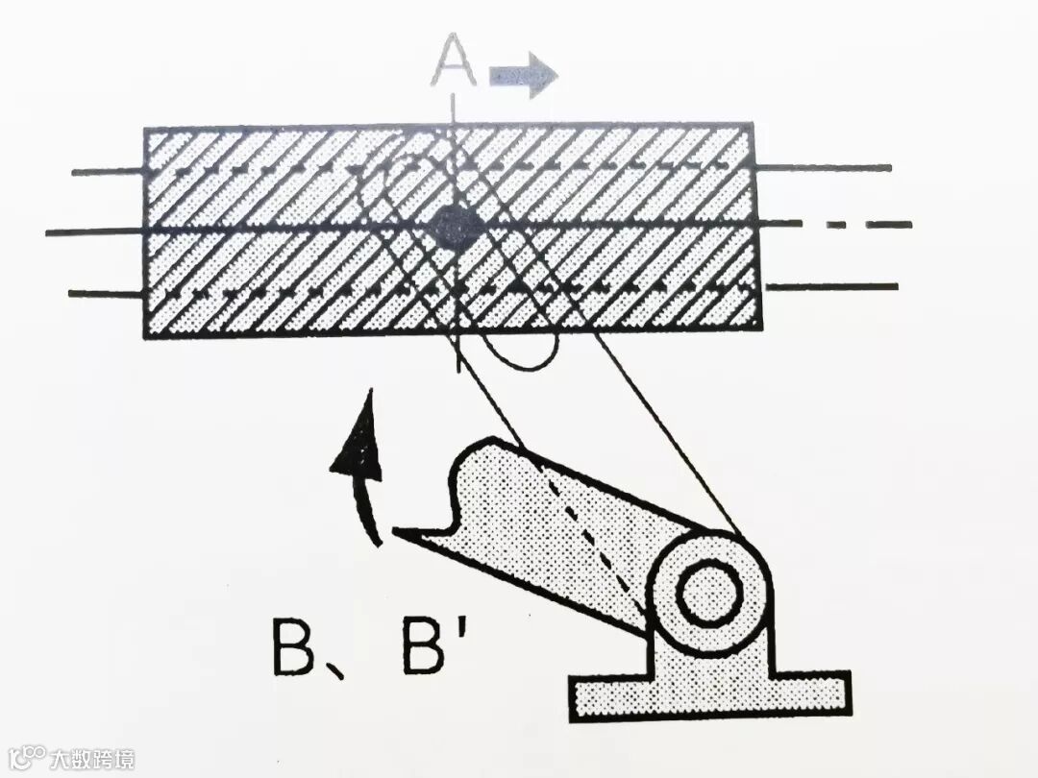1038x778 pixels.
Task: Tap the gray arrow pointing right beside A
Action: pos(523,76)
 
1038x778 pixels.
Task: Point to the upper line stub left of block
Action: pos(108,172)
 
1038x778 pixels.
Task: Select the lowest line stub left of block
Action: pos(106,293)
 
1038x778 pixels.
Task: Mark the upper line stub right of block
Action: pos(823,167)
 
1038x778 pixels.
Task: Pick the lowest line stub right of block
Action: pos(832,286)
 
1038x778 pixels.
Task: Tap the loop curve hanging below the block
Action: pos(524,357)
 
